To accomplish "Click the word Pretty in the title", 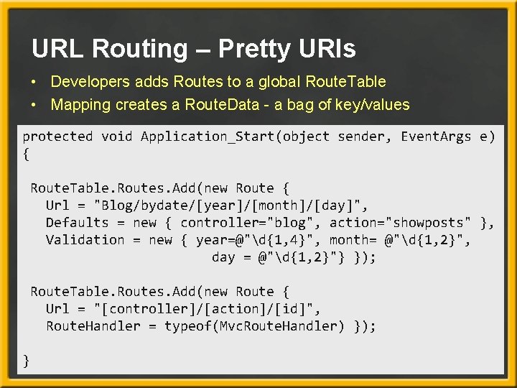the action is point(251,49).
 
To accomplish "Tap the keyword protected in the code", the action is point(58,136).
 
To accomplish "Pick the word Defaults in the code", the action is point(77,222).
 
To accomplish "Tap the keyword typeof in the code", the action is point(187,325).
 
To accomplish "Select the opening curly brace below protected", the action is point(27,153).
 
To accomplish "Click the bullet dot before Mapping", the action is point(34,106).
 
